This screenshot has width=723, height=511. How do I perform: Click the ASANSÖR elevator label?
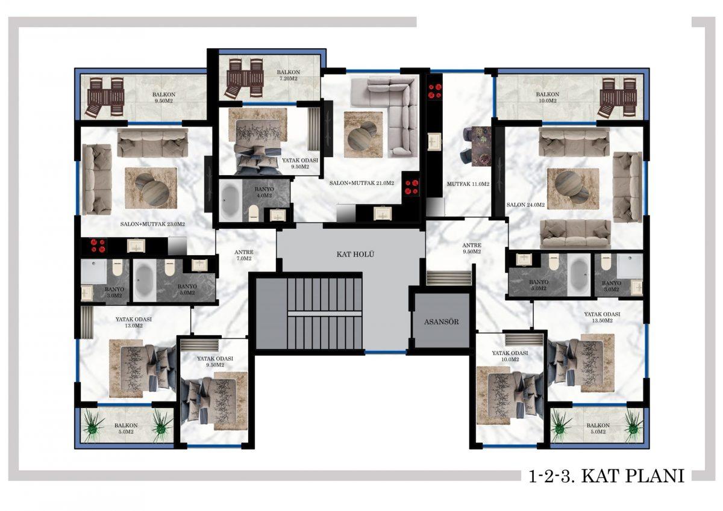point(441,322)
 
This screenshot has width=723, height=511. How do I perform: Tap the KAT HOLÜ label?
point(355,255)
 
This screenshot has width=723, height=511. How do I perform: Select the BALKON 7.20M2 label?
point(288,75)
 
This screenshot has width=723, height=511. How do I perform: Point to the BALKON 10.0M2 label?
point(548,98)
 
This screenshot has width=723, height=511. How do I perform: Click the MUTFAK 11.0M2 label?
point(468,184)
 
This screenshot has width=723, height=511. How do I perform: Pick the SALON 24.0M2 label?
point(526,205)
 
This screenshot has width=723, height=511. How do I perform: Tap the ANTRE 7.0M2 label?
point(244,255)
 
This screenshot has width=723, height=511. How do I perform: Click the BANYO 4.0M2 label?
point(263,192)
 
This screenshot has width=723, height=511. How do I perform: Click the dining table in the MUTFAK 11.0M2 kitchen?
point(481,147)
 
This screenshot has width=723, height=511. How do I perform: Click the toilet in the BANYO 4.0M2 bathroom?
point(254,213)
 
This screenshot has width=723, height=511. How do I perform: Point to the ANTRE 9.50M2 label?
point(472,249)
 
